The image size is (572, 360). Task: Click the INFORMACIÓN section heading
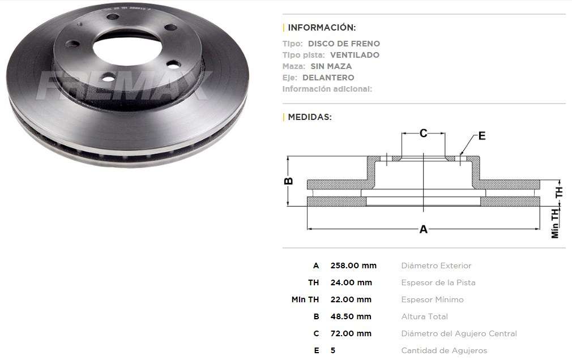click(x=322, y=27)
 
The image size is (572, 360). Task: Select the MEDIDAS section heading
click(x=310, y=117)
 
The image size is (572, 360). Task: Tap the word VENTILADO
click(x=355, y=55)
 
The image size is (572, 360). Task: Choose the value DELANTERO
click(x=328, y=78)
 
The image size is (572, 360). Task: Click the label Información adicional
click(x=327, y=89)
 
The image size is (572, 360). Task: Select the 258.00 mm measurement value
click(x=353, y=265)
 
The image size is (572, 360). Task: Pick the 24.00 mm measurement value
click(x=351, y=282)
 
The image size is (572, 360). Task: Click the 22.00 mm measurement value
click(x=351, y=299)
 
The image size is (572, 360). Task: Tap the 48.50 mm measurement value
click(x=351, y=316)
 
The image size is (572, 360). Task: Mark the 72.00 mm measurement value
click(x=351, y=333)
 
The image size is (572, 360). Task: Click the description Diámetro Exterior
click(x=436, y=265)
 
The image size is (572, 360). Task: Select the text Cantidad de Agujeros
click(x=444, y=350)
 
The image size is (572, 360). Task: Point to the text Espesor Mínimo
click(x=432, y=299)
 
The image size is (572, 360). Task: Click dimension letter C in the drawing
click(x=423, y=134)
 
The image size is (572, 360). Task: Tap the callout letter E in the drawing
click(x=482, y=136)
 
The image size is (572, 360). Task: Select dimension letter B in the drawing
click(x=288, y=181)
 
